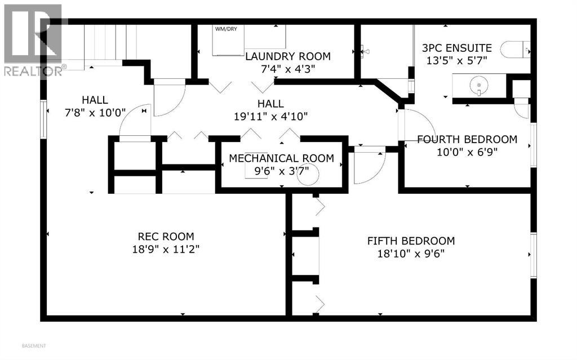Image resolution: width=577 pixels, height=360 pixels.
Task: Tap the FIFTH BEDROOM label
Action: [411, 241]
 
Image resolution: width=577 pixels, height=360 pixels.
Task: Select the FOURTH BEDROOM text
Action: [467, 139]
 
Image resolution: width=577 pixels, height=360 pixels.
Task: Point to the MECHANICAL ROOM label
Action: [281, 158]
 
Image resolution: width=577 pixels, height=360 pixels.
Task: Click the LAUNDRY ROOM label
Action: [287, 56]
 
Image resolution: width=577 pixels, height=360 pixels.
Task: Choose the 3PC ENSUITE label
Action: [456, 48]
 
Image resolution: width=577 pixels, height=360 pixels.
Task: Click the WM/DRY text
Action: [225, 28]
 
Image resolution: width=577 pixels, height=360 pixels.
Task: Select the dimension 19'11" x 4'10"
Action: [270, 117]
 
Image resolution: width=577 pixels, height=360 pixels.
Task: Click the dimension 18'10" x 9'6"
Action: [411, 254]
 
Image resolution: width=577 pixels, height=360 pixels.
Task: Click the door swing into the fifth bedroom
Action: [369, 166]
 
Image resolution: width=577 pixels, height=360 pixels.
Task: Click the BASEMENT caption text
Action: [34, 345]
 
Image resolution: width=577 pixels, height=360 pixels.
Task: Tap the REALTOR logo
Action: [33, 39]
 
